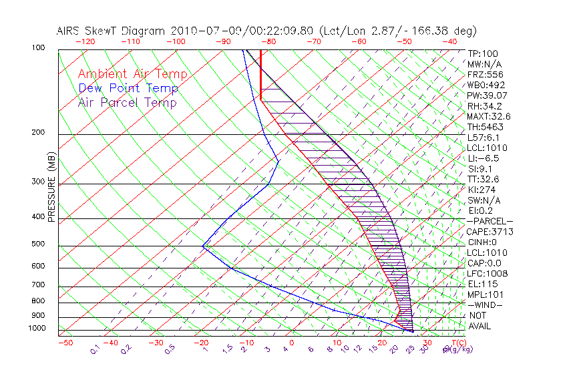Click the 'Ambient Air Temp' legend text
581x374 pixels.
point(132,74)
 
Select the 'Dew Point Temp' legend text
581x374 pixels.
point(128,88)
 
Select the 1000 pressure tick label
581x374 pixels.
point(37,328)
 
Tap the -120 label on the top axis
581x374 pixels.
point(84,41)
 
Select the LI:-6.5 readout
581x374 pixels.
point(484,158)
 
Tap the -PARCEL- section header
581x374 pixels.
point(490,221)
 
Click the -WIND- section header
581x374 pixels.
point(485,305)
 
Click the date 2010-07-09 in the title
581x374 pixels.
point(199,31)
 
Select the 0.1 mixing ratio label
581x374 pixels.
point(95,349)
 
